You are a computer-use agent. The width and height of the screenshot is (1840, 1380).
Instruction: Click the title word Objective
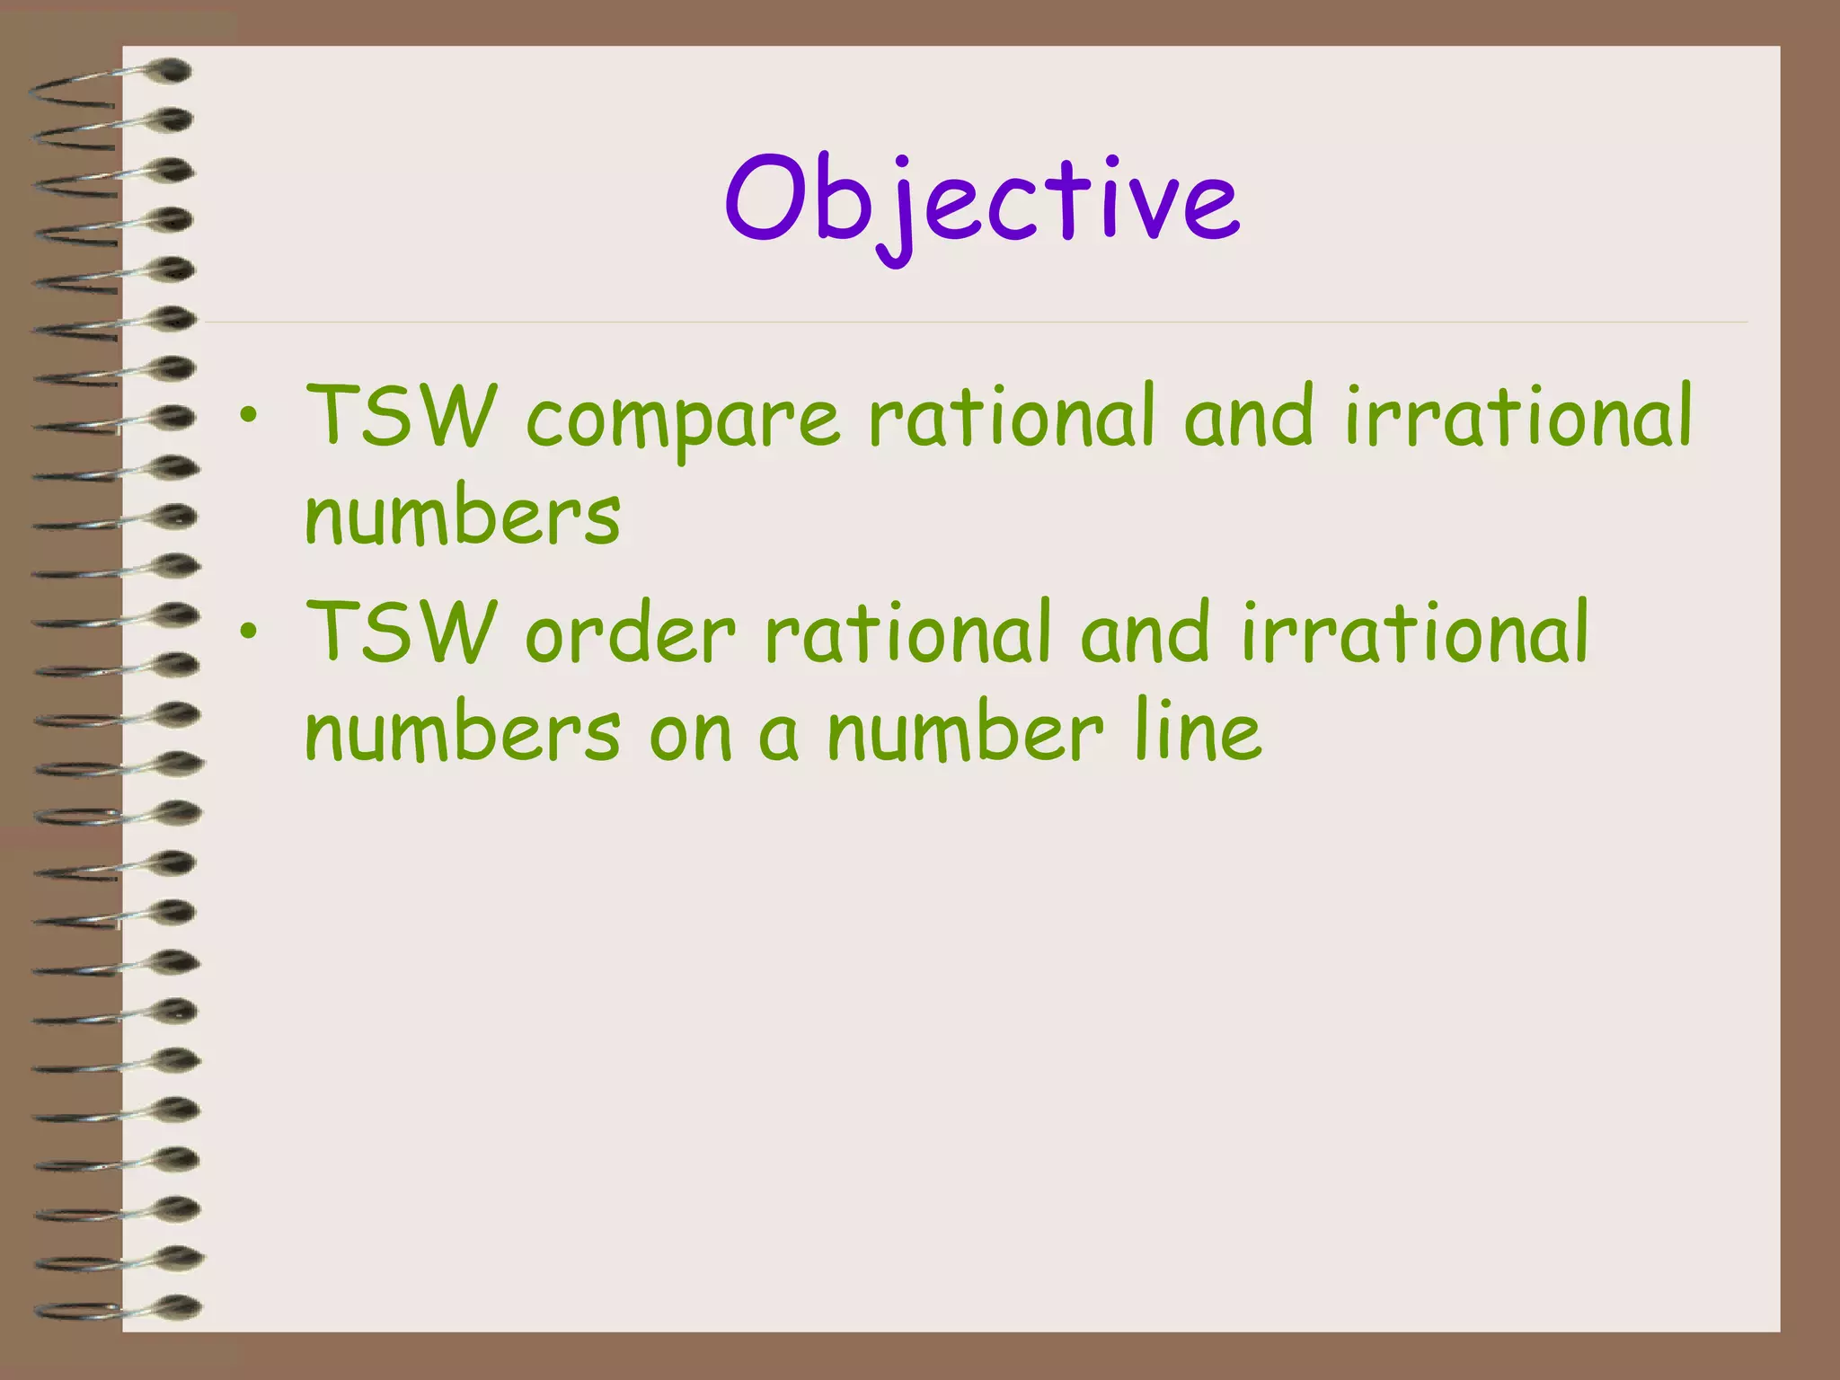click(x=982, y=202)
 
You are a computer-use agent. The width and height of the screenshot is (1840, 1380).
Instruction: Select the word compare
click(x=683, y=418)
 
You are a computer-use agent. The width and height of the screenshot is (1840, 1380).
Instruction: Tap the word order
click(x=630, y=633)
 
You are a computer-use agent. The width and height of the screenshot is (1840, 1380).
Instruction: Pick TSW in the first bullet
click(x=401, y=415)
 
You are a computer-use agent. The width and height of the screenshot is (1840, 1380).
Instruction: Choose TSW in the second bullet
click(x=401, y=631)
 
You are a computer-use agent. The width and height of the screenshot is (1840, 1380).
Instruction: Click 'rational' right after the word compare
click(x=1011, y=415)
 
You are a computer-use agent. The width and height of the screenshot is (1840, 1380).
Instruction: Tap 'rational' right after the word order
click(x=907, y=631)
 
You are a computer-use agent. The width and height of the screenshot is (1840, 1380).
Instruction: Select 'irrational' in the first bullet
click(x=1518, y=415)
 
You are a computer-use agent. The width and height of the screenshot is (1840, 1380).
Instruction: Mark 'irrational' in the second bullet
click(x=1415, y=631)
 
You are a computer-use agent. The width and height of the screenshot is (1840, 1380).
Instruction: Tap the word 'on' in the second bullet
click(x=690, y=737)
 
